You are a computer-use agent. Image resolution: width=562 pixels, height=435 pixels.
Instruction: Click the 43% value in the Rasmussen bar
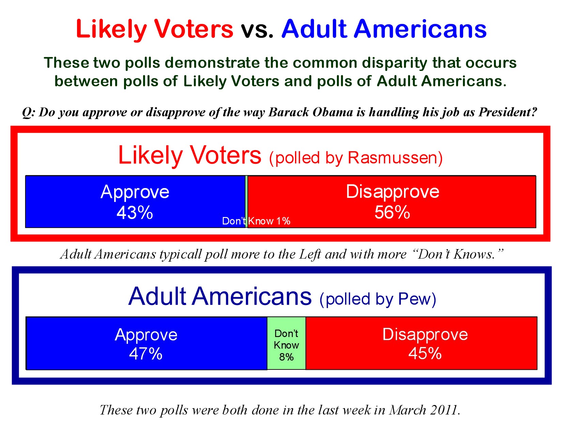point(135,213)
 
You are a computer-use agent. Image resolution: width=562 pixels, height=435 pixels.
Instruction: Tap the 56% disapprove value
point(392,212)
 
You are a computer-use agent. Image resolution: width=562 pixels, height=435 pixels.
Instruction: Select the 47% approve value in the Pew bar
point(145,353)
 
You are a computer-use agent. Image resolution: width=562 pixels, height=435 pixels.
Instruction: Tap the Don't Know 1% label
point(256,221)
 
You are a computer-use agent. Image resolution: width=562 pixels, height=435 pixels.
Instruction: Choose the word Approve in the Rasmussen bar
point(135,192)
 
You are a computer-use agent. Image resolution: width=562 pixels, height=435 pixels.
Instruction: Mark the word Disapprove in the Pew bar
point(425,334)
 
